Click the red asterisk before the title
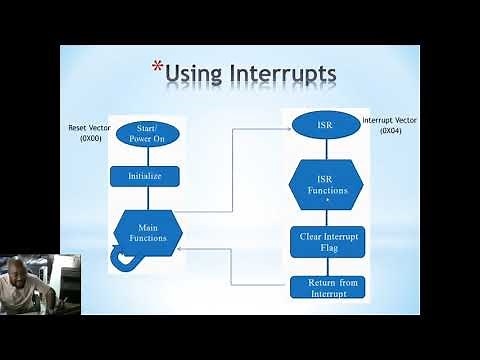[157, 68]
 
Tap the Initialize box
[144, 175]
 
